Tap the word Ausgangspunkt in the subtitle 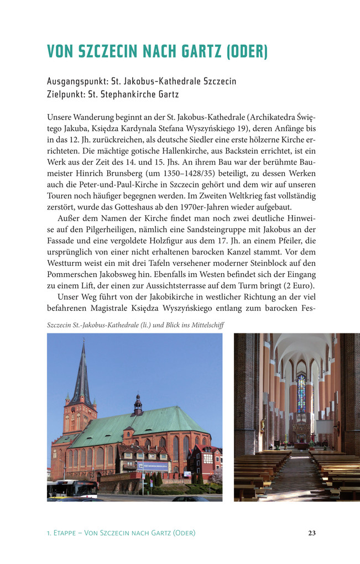tap(75, 81)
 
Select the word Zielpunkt tap(65, 94)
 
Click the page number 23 tap(312, 533)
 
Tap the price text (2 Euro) tap(299, 285)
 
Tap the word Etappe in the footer tap(66, 533)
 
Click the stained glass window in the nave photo tap(301, 394)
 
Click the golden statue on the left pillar tap(263, 426)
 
